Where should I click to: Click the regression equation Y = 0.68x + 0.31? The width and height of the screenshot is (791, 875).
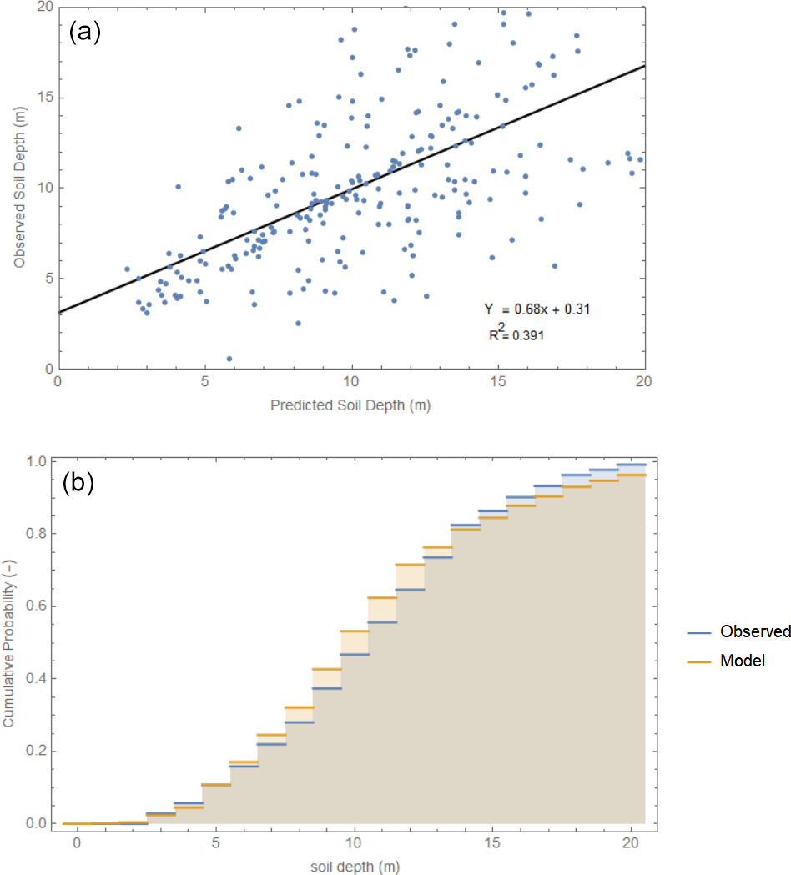538,309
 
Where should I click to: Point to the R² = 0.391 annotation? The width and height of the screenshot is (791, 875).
516,335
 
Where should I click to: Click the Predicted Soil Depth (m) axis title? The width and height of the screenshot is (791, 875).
350,405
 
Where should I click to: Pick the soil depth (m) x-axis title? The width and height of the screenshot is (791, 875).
353,867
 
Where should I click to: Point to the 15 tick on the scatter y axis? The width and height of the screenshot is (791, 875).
43,97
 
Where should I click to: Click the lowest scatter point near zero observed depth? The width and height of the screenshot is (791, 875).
229,359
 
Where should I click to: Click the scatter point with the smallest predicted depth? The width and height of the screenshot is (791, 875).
127,269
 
